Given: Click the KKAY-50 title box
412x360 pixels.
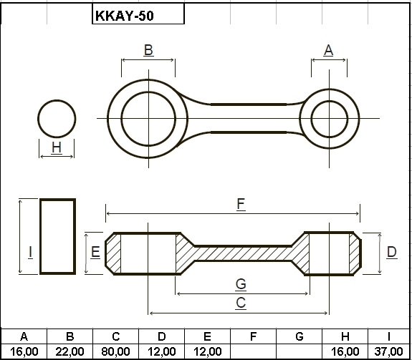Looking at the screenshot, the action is pyautogui.click(x=138, y=14).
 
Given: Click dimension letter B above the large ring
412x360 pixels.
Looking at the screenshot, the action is pyautogui.click(x=148, y=50).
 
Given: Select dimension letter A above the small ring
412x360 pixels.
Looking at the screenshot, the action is pyautogui.click(x=329, y=50).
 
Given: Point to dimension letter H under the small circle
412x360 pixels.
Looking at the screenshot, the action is pyautogui.click(x=57, y=147).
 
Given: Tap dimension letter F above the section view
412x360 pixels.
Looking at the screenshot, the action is pyautogui.click(x=241, y=204).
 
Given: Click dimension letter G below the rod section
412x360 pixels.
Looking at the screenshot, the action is pyautogui.click(x=241, y=284).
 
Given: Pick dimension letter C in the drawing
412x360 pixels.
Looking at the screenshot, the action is pyautogui.click(x=241, y=303).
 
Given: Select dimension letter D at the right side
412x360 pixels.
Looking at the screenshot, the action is pyautogui.click(x=391, y=252).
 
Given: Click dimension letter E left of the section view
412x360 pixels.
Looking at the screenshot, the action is pyautogui.click(x=95, y=252).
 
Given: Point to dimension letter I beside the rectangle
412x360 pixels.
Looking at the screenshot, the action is pyautogui.click(x=31, y=252).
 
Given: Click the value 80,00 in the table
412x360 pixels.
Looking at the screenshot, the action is pyautogui.click(x=115, y=351).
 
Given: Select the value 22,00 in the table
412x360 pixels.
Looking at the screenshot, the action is pyautogui.click(x=70, y=351).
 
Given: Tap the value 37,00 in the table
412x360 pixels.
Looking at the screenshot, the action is pyautogui.click(x=388, y=351).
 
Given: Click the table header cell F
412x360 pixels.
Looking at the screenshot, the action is pyautogui.click(x=254, y=336).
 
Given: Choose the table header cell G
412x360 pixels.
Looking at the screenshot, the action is pyautogui.click(x=300, y=336).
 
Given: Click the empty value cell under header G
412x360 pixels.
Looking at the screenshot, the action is pyautogui.click(x=300, y=351).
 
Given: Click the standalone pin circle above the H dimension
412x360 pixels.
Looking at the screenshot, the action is pyautogui.click(x=57, y=100).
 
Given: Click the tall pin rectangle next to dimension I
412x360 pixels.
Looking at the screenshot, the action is pyautogui.click(x=40, y=237).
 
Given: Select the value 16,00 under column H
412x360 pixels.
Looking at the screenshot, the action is pyautogui.click(x=345, y=351).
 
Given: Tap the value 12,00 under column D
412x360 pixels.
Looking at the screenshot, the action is pyautogui.click(x=162, y=351).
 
